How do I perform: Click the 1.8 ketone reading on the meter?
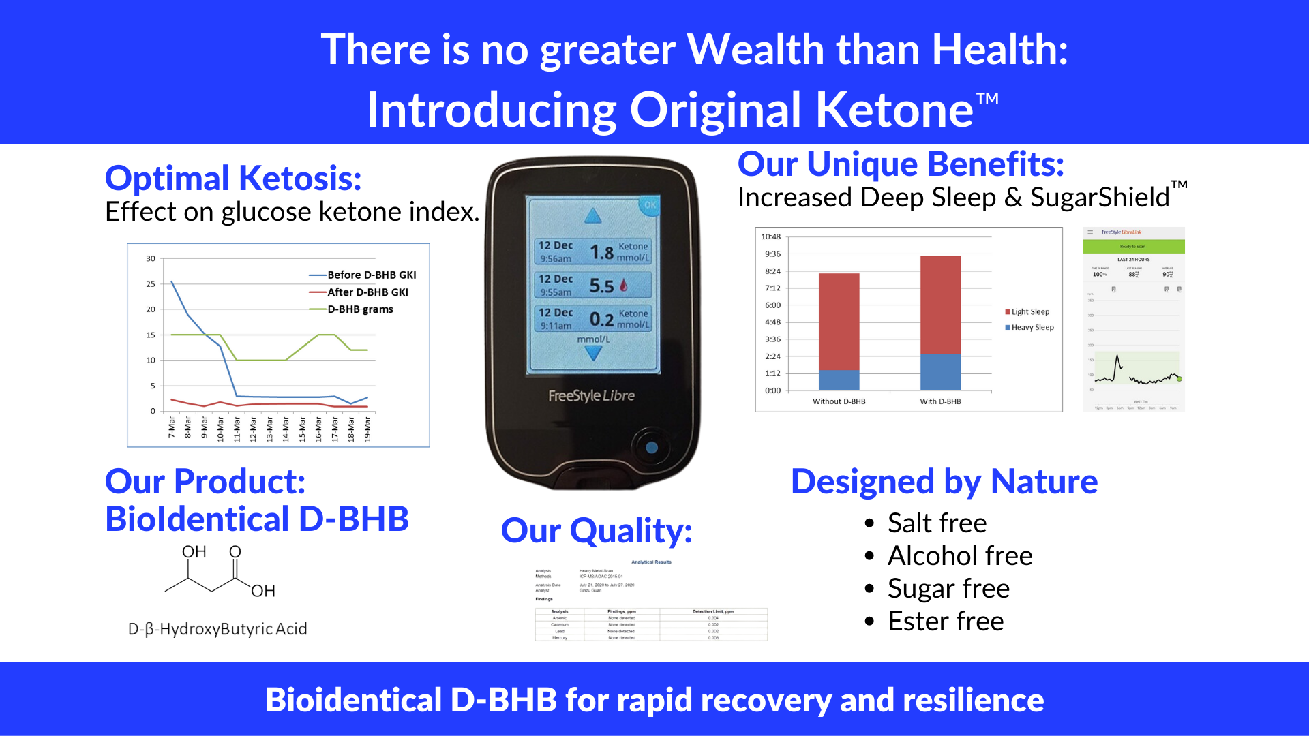point(601,252)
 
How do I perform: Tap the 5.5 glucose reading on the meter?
point(601,286)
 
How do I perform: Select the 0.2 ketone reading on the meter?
point(601,319)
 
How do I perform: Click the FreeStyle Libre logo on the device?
point(591,396)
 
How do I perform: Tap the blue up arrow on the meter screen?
point(593,217)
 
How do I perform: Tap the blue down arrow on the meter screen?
point(593,353)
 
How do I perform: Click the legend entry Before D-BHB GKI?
point(371,275)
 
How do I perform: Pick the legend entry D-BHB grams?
point(360,309)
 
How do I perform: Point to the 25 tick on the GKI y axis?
point(151,284)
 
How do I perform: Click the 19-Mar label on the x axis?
point(367,429)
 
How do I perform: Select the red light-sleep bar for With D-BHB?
point(940,305)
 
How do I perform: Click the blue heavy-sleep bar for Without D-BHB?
point(839,380)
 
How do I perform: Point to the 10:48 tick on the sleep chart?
point(771,237)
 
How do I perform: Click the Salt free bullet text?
point(937,523)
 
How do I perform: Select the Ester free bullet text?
point(946,622)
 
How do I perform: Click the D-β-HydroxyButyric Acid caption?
point(217,629)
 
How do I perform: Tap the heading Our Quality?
point(597,531)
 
